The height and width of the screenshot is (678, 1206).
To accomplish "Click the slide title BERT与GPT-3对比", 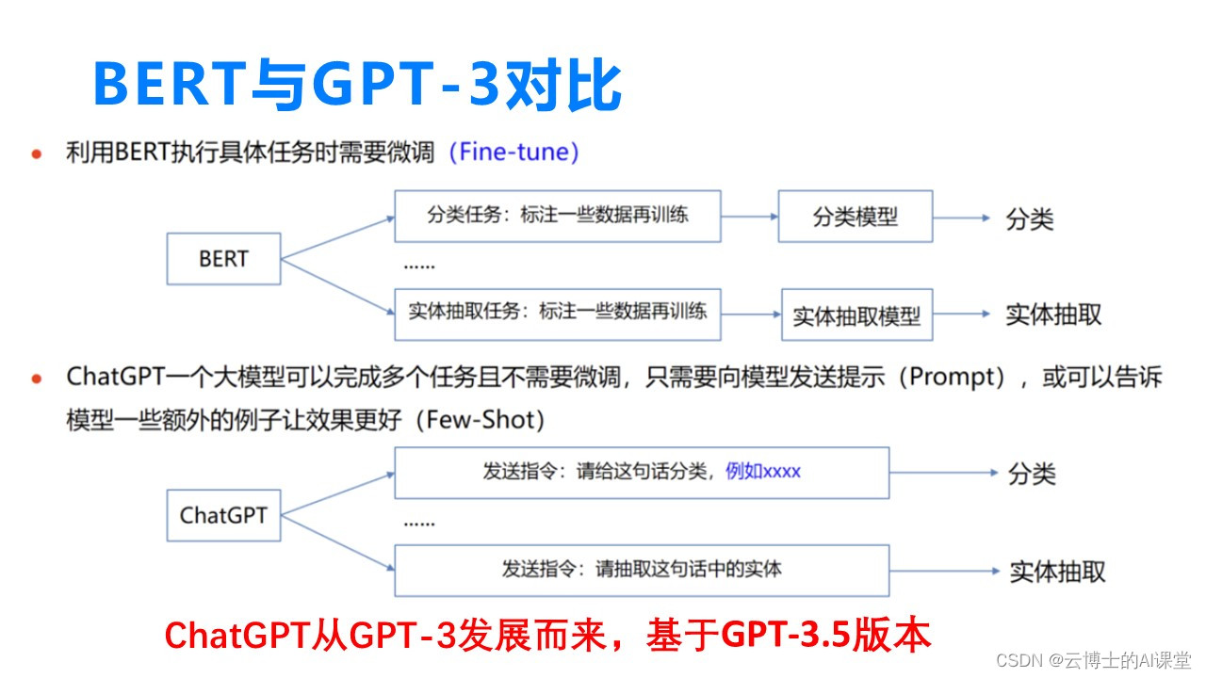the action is point(357,85).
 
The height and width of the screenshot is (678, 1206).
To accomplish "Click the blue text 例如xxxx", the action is point(763,472).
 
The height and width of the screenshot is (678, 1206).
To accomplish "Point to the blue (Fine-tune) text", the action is point(514,152).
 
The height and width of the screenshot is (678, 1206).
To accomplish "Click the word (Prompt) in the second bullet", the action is point(956,378).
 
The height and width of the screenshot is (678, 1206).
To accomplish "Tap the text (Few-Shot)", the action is point(485,420).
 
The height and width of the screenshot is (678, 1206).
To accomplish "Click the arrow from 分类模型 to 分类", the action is point(962,218).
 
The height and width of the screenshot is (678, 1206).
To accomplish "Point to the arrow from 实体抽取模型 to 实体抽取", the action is point(962,315).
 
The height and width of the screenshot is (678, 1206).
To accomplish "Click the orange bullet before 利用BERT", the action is point(37,154).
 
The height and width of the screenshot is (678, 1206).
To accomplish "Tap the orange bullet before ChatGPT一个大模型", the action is point(37,379).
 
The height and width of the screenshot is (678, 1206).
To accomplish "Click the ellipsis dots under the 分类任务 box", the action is point(419,266).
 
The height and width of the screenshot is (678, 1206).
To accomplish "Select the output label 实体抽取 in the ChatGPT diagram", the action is point(1057,572).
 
